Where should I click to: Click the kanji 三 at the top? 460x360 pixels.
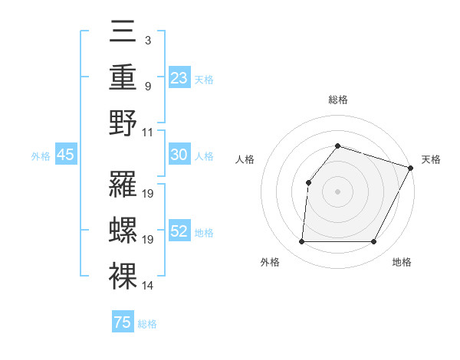[x=123, y=34]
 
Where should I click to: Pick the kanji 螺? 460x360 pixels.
[x=123, y=230]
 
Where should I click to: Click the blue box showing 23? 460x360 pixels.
[x=179, y=77]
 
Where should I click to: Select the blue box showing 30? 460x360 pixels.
[x=179, y=155]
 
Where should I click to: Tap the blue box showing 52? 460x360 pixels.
[x=179, y=232]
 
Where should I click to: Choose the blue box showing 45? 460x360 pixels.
[x=66, y=155]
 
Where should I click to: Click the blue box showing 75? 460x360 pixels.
[x=123, y=322]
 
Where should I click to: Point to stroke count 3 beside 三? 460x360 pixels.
[x=147, y=40]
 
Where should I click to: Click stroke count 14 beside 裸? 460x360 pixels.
[x=148, y=286]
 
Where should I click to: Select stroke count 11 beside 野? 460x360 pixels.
[x=148, y=132]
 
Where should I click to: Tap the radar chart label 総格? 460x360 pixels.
[x=337, y=100]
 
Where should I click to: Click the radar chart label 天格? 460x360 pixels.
[x=431, y=159]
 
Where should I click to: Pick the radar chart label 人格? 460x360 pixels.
[x=245, y=159]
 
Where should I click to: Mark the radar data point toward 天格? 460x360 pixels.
[x=411, y=167]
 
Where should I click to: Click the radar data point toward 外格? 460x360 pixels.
[x=301, y=242]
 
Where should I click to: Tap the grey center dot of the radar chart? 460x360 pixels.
[x=337, y=191]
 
